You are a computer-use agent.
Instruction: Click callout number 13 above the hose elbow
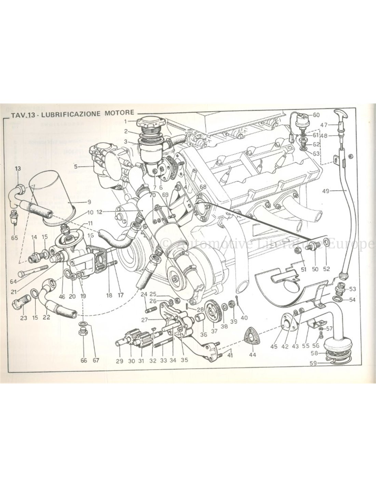[x=18, y=168]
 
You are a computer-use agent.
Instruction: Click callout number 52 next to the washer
[x=326, y=259]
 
